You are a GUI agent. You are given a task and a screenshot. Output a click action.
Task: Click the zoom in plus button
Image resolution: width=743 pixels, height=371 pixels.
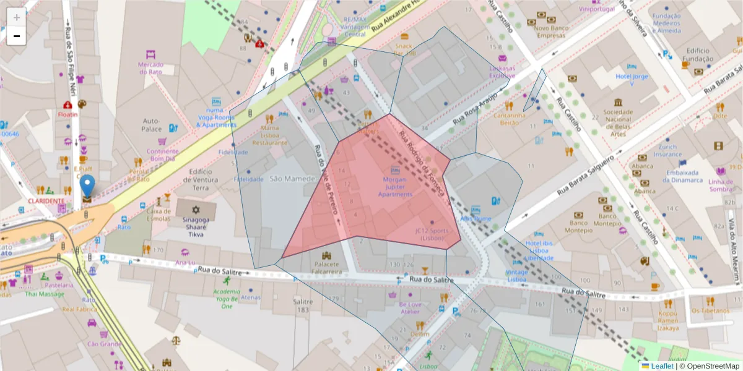16,17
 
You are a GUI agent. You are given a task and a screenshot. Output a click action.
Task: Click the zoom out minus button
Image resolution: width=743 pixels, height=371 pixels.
16,36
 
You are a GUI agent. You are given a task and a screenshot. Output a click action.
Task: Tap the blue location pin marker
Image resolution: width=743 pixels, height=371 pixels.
88,185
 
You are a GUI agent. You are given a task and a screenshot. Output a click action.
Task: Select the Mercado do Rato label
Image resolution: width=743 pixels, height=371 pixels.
150,68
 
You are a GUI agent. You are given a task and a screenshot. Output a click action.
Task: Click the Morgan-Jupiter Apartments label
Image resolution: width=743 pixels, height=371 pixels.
395,187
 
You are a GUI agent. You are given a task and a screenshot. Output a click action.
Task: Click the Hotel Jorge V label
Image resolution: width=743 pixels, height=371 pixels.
632,80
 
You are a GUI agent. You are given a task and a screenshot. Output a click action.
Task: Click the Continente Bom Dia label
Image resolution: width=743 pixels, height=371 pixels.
163,155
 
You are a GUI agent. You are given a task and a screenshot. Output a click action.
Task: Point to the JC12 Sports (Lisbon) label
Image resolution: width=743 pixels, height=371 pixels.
432,234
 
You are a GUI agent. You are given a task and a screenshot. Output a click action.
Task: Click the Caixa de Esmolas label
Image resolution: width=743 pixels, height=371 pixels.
159,215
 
